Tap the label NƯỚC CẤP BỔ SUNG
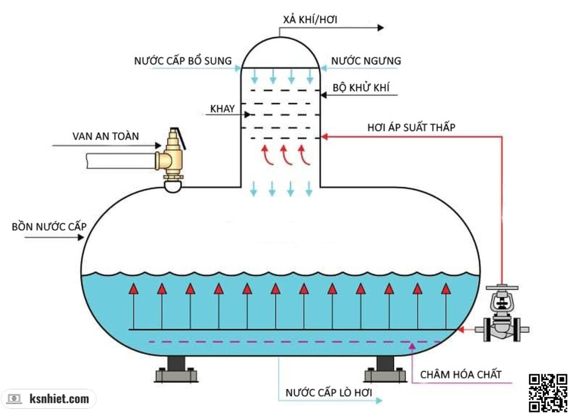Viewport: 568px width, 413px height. point(183,60)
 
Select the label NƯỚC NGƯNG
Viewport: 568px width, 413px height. point(366,61)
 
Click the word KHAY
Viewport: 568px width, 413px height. point(223,109)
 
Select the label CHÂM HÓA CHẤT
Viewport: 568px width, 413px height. point(461,374)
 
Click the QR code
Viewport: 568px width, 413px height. point(547,392)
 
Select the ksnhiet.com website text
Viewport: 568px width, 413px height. point(59,399)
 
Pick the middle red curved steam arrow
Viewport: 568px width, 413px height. point(285,154)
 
